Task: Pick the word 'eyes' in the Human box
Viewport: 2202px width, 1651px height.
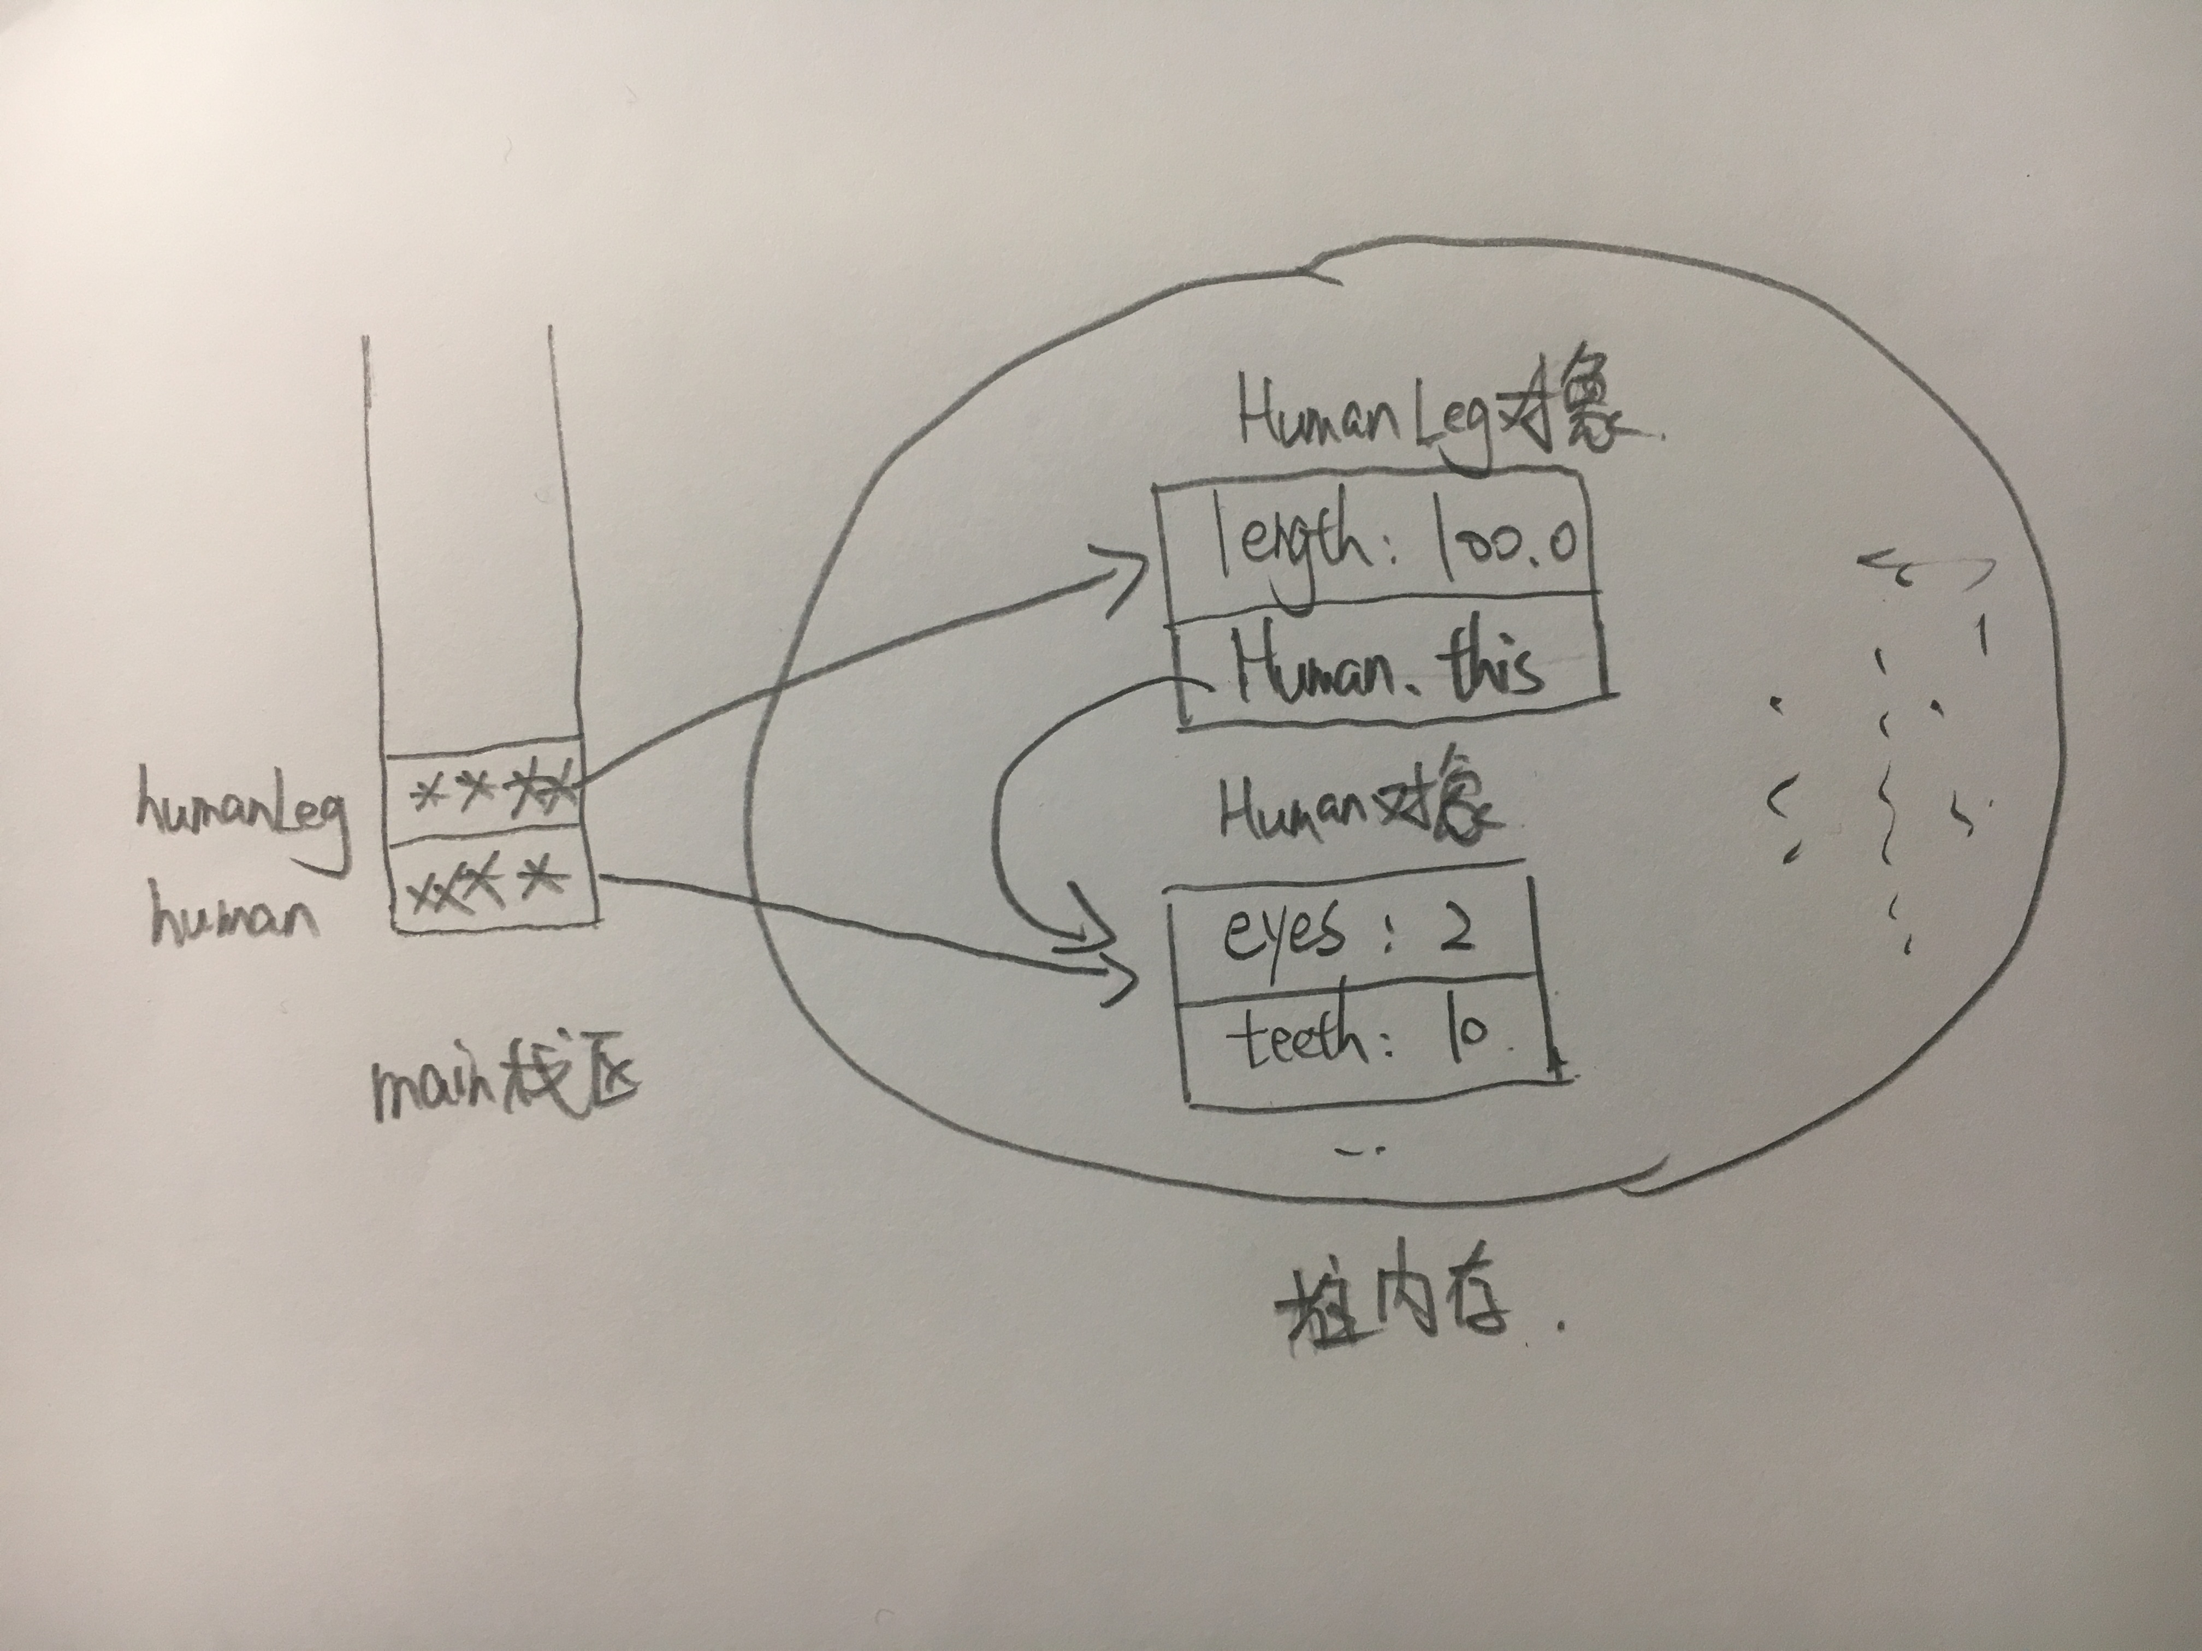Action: (1284, 935)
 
